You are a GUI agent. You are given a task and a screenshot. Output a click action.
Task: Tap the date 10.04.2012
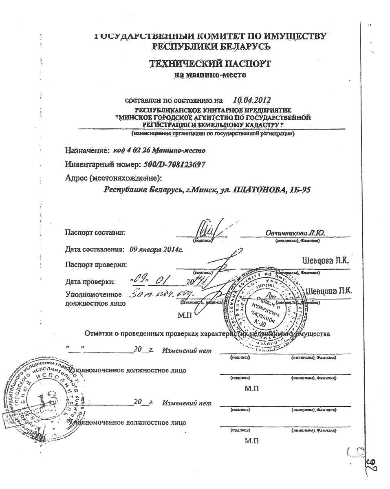251,100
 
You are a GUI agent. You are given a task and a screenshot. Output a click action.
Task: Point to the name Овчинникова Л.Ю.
295,233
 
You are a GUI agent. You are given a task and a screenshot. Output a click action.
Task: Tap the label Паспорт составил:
95,233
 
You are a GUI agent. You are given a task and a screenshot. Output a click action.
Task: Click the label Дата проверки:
90,281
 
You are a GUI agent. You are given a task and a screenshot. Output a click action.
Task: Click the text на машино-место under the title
210,75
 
